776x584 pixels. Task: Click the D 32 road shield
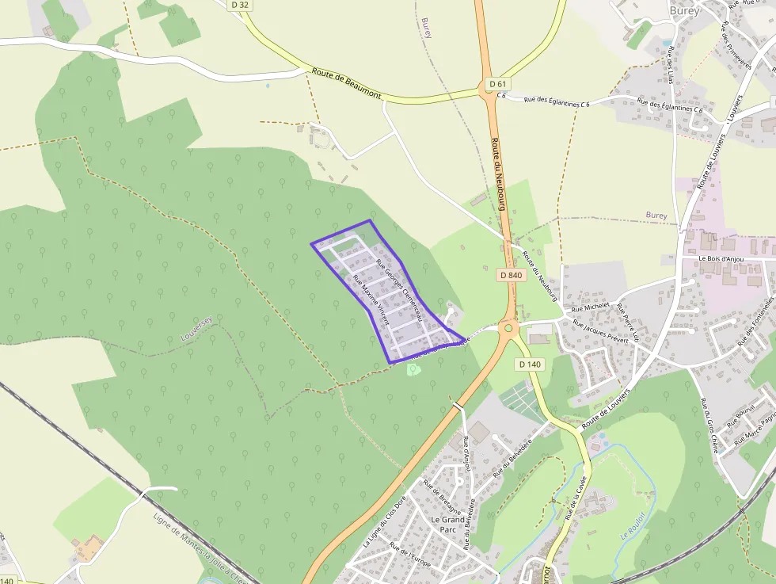point(242,5)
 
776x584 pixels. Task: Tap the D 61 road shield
point(496,84)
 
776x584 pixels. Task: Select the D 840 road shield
point(511,275)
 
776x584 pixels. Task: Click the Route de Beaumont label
point(346,83)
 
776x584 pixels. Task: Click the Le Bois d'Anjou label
point(724,258)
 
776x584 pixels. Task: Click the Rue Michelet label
point(591,306)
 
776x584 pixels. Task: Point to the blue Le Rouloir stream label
point(633,525)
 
